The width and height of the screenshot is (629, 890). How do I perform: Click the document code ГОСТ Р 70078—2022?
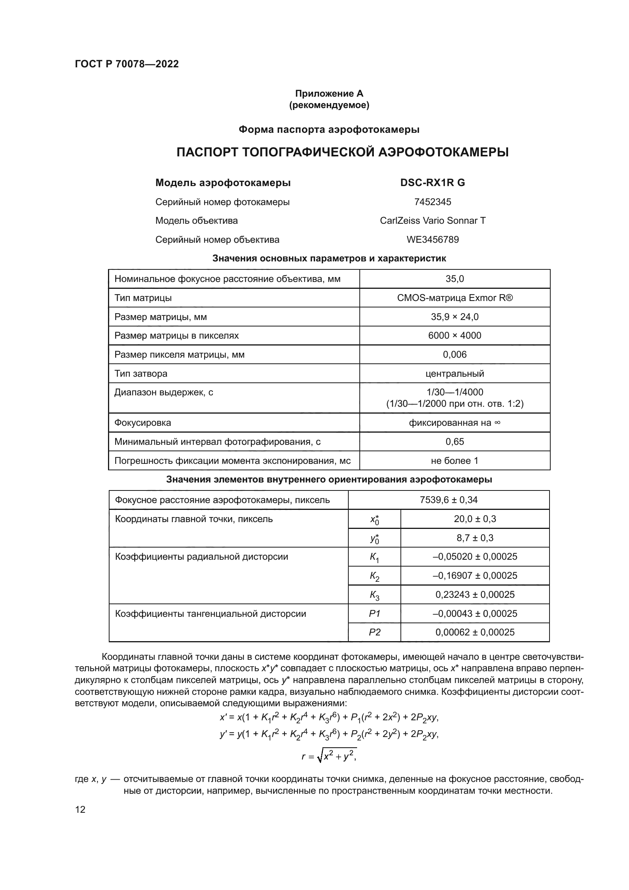(127, 64)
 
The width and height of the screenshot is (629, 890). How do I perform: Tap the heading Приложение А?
(329, 94)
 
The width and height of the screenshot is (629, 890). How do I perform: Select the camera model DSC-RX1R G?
(432, 183)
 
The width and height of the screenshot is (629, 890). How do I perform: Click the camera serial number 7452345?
(432, 202)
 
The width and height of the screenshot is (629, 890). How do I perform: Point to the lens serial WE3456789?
(432, 240)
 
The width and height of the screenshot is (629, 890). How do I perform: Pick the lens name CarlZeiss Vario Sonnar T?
(432, 221)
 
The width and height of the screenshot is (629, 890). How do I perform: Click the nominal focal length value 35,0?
(454, 279)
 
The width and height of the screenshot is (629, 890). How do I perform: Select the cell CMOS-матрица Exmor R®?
(454, 298)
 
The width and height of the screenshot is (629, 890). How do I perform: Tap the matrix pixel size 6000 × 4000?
(454, 335)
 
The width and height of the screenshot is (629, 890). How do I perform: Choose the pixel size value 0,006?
(454, 354)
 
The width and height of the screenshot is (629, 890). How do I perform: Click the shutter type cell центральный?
(454, 373)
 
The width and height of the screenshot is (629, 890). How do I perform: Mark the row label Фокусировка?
(143, 422)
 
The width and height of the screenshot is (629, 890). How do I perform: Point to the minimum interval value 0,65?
(454, 441)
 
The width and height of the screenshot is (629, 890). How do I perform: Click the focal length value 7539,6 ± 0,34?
(448, 500)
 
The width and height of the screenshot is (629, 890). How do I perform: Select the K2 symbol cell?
(374, 576)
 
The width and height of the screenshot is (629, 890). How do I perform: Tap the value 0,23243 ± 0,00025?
(475, 595)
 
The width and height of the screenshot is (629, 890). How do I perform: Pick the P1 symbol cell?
(374, 614)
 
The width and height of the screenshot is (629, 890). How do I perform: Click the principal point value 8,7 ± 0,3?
(475, 538)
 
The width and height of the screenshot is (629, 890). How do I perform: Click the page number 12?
(80, 809)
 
